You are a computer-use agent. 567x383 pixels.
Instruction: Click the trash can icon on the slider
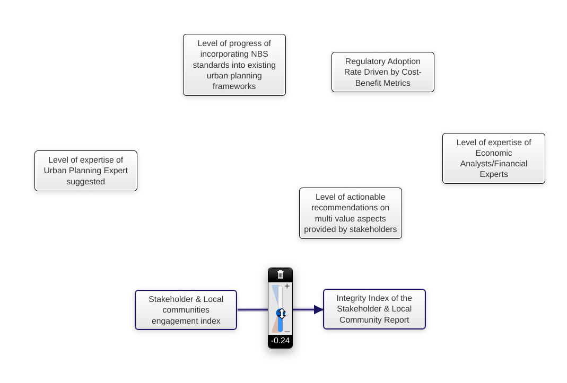pos(281,274)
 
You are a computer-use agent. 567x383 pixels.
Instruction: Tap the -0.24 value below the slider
pos(280,341)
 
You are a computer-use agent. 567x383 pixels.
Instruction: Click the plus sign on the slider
pos(287,286)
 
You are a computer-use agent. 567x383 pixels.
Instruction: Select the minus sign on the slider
pos(287,332)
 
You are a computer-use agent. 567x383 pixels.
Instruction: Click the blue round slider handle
pos(281,314)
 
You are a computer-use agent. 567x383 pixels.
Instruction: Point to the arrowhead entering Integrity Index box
pos(318,309)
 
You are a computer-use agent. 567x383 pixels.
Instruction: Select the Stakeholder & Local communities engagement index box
pos(186,310)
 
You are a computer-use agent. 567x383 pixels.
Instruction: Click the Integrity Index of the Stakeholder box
pos(374,309)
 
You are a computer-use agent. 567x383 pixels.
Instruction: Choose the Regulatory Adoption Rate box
pos(382,72)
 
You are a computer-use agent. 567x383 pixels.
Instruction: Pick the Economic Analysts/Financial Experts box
pos(493,158)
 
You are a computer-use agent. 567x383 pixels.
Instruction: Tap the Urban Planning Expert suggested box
pos(85,171)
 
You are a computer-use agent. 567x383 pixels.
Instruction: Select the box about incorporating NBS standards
pos(234,65)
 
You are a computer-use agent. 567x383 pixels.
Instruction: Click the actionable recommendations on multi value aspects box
pos(350,213)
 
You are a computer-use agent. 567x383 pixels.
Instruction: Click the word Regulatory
pos(364,61)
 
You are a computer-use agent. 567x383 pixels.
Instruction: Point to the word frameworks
pos(234,86)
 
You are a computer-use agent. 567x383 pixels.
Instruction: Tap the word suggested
pos(85,182)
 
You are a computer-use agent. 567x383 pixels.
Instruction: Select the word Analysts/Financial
pos(493,164)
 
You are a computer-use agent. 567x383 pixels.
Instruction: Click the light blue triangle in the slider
pos(275,294)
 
